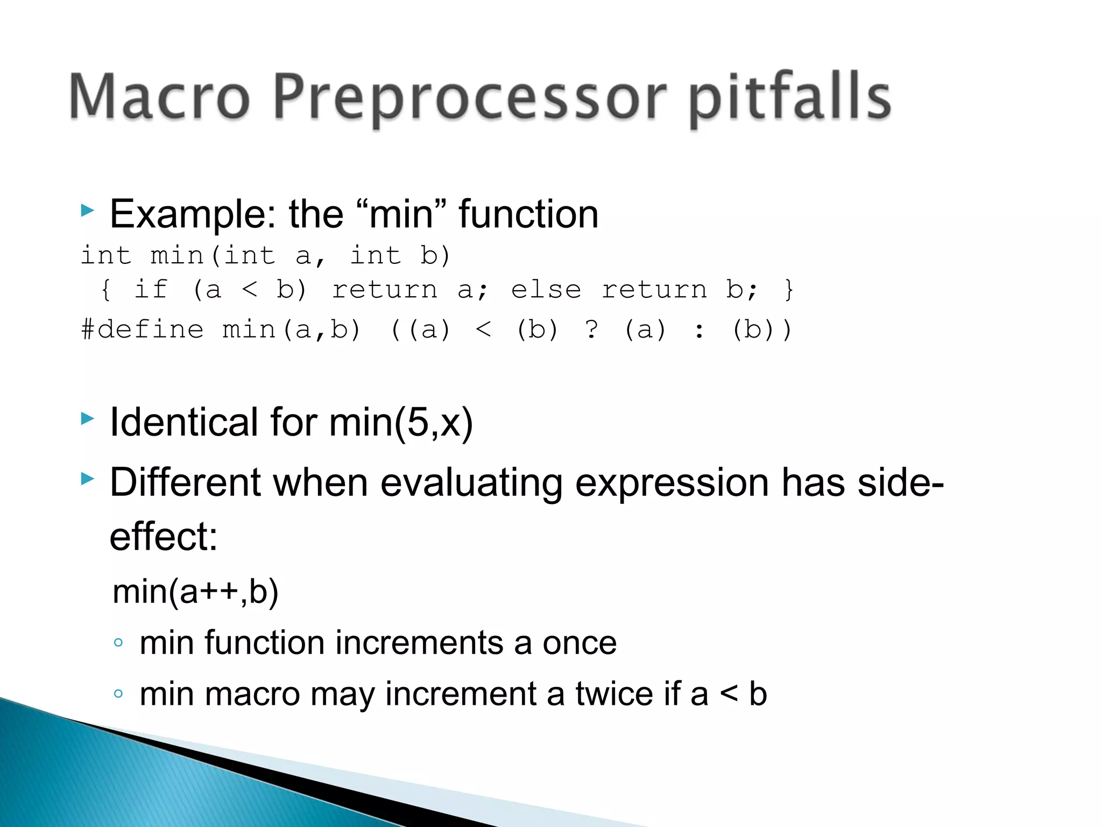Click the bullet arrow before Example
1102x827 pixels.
[x=88, y=211]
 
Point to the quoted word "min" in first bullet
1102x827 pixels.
[x=400, y=214]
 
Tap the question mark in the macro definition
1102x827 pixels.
[x=591, y=330]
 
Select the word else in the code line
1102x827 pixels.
[x=546, y=290]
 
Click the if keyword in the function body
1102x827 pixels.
[x=151, y=290]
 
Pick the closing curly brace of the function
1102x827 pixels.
[x=789, y=290]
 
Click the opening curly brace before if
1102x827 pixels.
[x=106, y=290]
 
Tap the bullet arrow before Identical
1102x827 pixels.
[x=88, y=418]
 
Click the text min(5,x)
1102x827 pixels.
[x=401, y=422]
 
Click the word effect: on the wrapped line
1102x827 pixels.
[x=164, y=537]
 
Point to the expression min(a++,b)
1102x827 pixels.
[x=196, y=592]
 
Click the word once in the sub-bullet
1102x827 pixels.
[x=579, y=643]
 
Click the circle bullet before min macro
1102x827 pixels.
[x=118, y=693]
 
